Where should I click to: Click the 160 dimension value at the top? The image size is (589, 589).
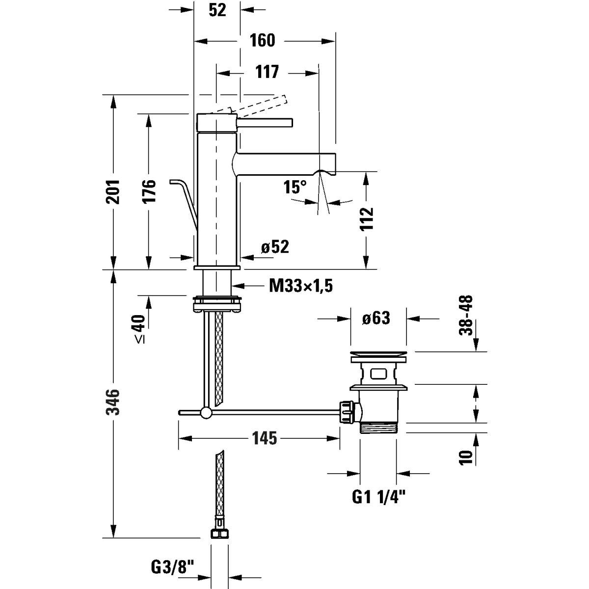tap(262, 41)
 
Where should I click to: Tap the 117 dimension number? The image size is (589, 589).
tap(267, 72)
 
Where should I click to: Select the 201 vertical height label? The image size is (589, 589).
tap(113, 191)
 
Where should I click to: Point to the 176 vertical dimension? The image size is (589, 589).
tap(149, 191)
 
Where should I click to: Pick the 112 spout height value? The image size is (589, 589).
tap(367, 219)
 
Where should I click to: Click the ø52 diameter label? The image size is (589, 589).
tap(275, 247)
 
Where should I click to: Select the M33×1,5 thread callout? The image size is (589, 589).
tap(301, 286)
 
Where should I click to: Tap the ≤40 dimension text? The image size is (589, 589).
tap(139, 329)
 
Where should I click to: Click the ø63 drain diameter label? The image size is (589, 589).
tap(376, 319)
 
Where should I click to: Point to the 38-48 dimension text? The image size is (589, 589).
tap(466, 315)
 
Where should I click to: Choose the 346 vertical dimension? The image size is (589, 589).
tap(113, 402)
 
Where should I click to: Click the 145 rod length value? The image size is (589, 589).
tap(265, 438)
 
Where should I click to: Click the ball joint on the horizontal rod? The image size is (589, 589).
tap(206, 413)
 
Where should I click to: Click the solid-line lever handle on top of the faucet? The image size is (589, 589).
tap(264, 122)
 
